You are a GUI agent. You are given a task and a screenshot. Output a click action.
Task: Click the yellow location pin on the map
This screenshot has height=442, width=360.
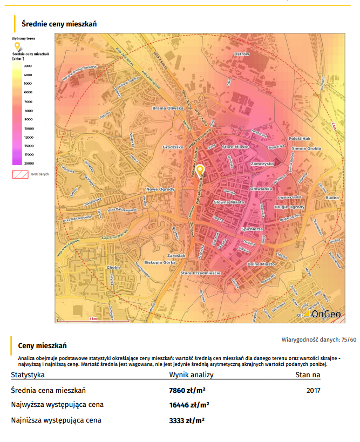pos(200,171)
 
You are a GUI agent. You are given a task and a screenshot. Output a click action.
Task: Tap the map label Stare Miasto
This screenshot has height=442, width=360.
pos(235,146)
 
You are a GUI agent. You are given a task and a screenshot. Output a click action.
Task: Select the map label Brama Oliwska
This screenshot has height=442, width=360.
pos(168,108)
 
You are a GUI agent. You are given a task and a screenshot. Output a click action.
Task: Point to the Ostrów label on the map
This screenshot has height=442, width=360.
pos(241,55)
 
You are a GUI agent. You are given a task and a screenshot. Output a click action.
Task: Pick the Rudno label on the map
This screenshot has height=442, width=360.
pos(332,198)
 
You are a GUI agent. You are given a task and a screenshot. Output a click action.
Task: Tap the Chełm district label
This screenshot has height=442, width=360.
pos(113,267)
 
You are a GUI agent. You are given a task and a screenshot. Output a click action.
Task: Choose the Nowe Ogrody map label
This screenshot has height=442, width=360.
pos(161,189)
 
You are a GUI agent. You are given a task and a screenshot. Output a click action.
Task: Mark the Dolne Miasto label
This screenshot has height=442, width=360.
pos(261,264)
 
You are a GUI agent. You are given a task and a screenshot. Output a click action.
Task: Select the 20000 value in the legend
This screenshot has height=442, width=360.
pos(28,163)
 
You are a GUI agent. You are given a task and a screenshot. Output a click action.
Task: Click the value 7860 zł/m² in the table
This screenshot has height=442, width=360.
pos(187,390)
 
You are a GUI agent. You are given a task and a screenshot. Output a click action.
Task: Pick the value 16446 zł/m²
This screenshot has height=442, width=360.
pos(189,405)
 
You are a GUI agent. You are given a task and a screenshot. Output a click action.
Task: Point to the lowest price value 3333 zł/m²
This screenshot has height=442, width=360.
pos(187,420)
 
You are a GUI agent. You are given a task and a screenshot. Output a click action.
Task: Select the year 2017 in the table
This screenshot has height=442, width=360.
pos(313,390)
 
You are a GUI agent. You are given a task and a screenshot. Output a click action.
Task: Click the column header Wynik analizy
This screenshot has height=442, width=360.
pos(192,375)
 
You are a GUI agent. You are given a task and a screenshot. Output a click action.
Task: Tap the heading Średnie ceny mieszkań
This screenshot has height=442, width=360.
pos(59,24)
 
